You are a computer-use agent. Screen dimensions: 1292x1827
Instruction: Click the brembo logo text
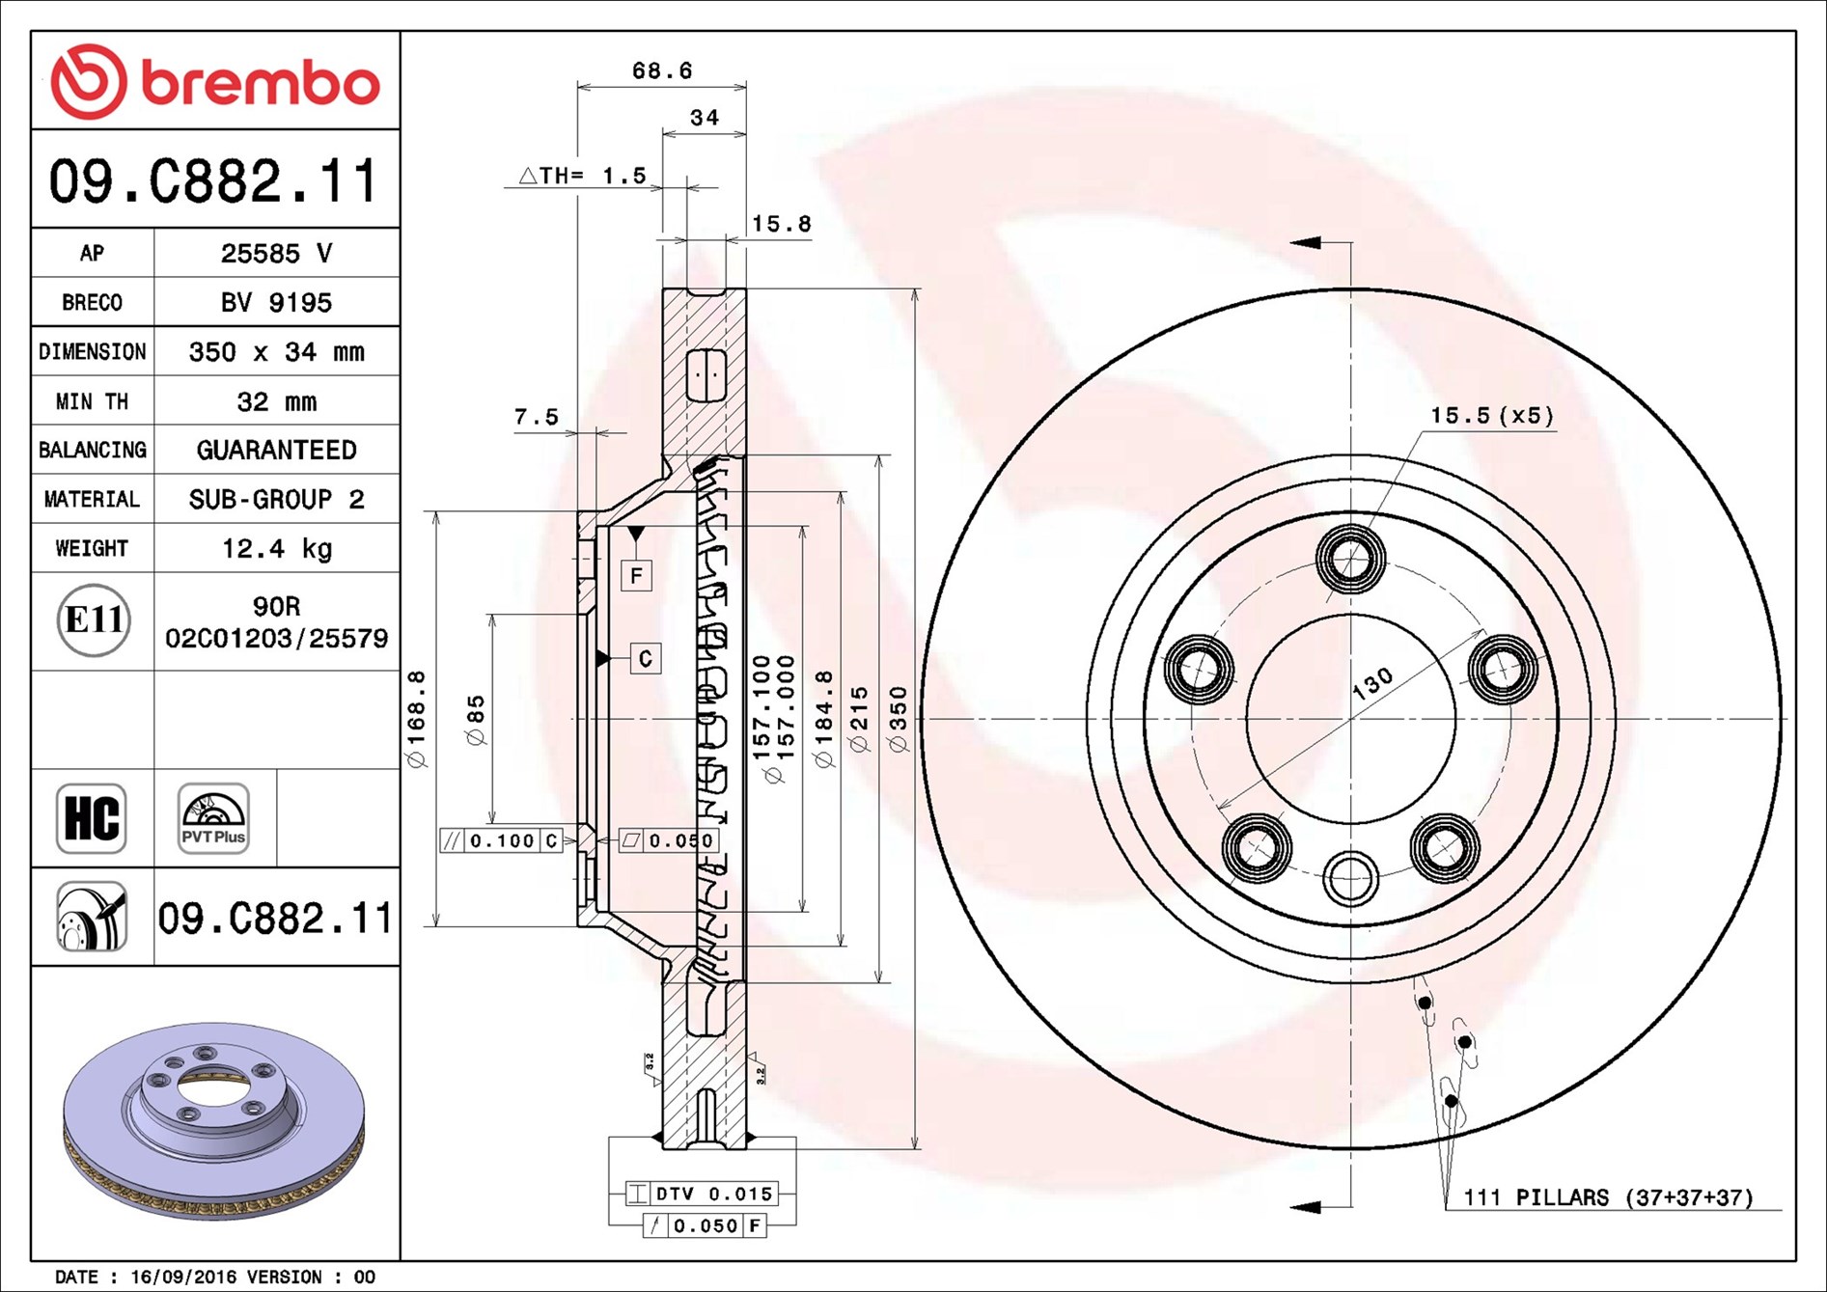(261, 82)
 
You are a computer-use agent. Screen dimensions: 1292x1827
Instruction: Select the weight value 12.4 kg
(277, 548)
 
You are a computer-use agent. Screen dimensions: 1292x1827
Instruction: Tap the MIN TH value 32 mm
(277, 401)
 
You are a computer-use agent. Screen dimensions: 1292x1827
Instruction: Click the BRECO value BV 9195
(276, 302)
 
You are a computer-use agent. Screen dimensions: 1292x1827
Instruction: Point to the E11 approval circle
(93, 619)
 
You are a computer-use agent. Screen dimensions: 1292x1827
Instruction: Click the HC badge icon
(92, 818)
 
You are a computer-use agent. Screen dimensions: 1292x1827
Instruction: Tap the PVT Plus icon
(213, 818)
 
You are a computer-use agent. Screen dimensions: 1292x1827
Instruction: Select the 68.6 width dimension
(662, 70)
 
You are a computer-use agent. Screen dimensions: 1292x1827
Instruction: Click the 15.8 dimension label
(781, 224)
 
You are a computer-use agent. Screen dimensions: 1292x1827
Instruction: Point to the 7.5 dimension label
(537, 417)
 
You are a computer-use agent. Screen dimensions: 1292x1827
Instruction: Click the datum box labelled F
(636, 576)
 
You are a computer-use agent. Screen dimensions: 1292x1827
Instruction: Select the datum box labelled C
(646, 658)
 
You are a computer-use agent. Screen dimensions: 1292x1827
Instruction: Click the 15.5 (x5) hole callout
(1491, 416)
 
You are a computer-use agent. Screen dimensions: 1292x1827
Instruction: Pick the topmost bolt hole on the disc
(1351, 559)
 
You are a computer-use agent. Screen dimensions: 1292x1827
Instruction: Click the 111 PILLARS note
(1608, 1197)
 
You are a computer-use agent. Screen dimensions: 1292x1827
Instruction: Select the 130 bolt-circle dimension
(1371, 683)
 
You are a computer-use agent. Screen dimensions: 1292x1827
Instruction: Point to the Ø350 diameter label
(899, 719)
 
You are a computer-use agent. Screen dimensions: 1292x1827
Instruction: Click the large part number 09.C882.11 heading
(214, 180)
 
